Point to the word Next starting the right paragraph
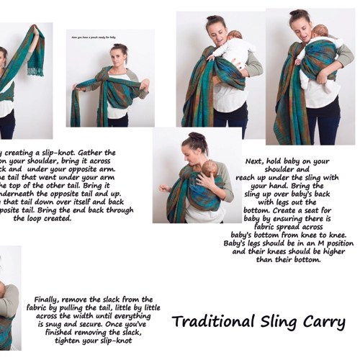click(253, 161)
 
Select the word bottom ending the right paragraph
click(305, 259)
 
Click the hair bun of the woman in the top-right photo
click(296, 13)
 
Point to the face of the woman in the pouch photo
click(119, 56)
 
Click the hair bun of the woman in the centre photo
click(195, 135)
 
